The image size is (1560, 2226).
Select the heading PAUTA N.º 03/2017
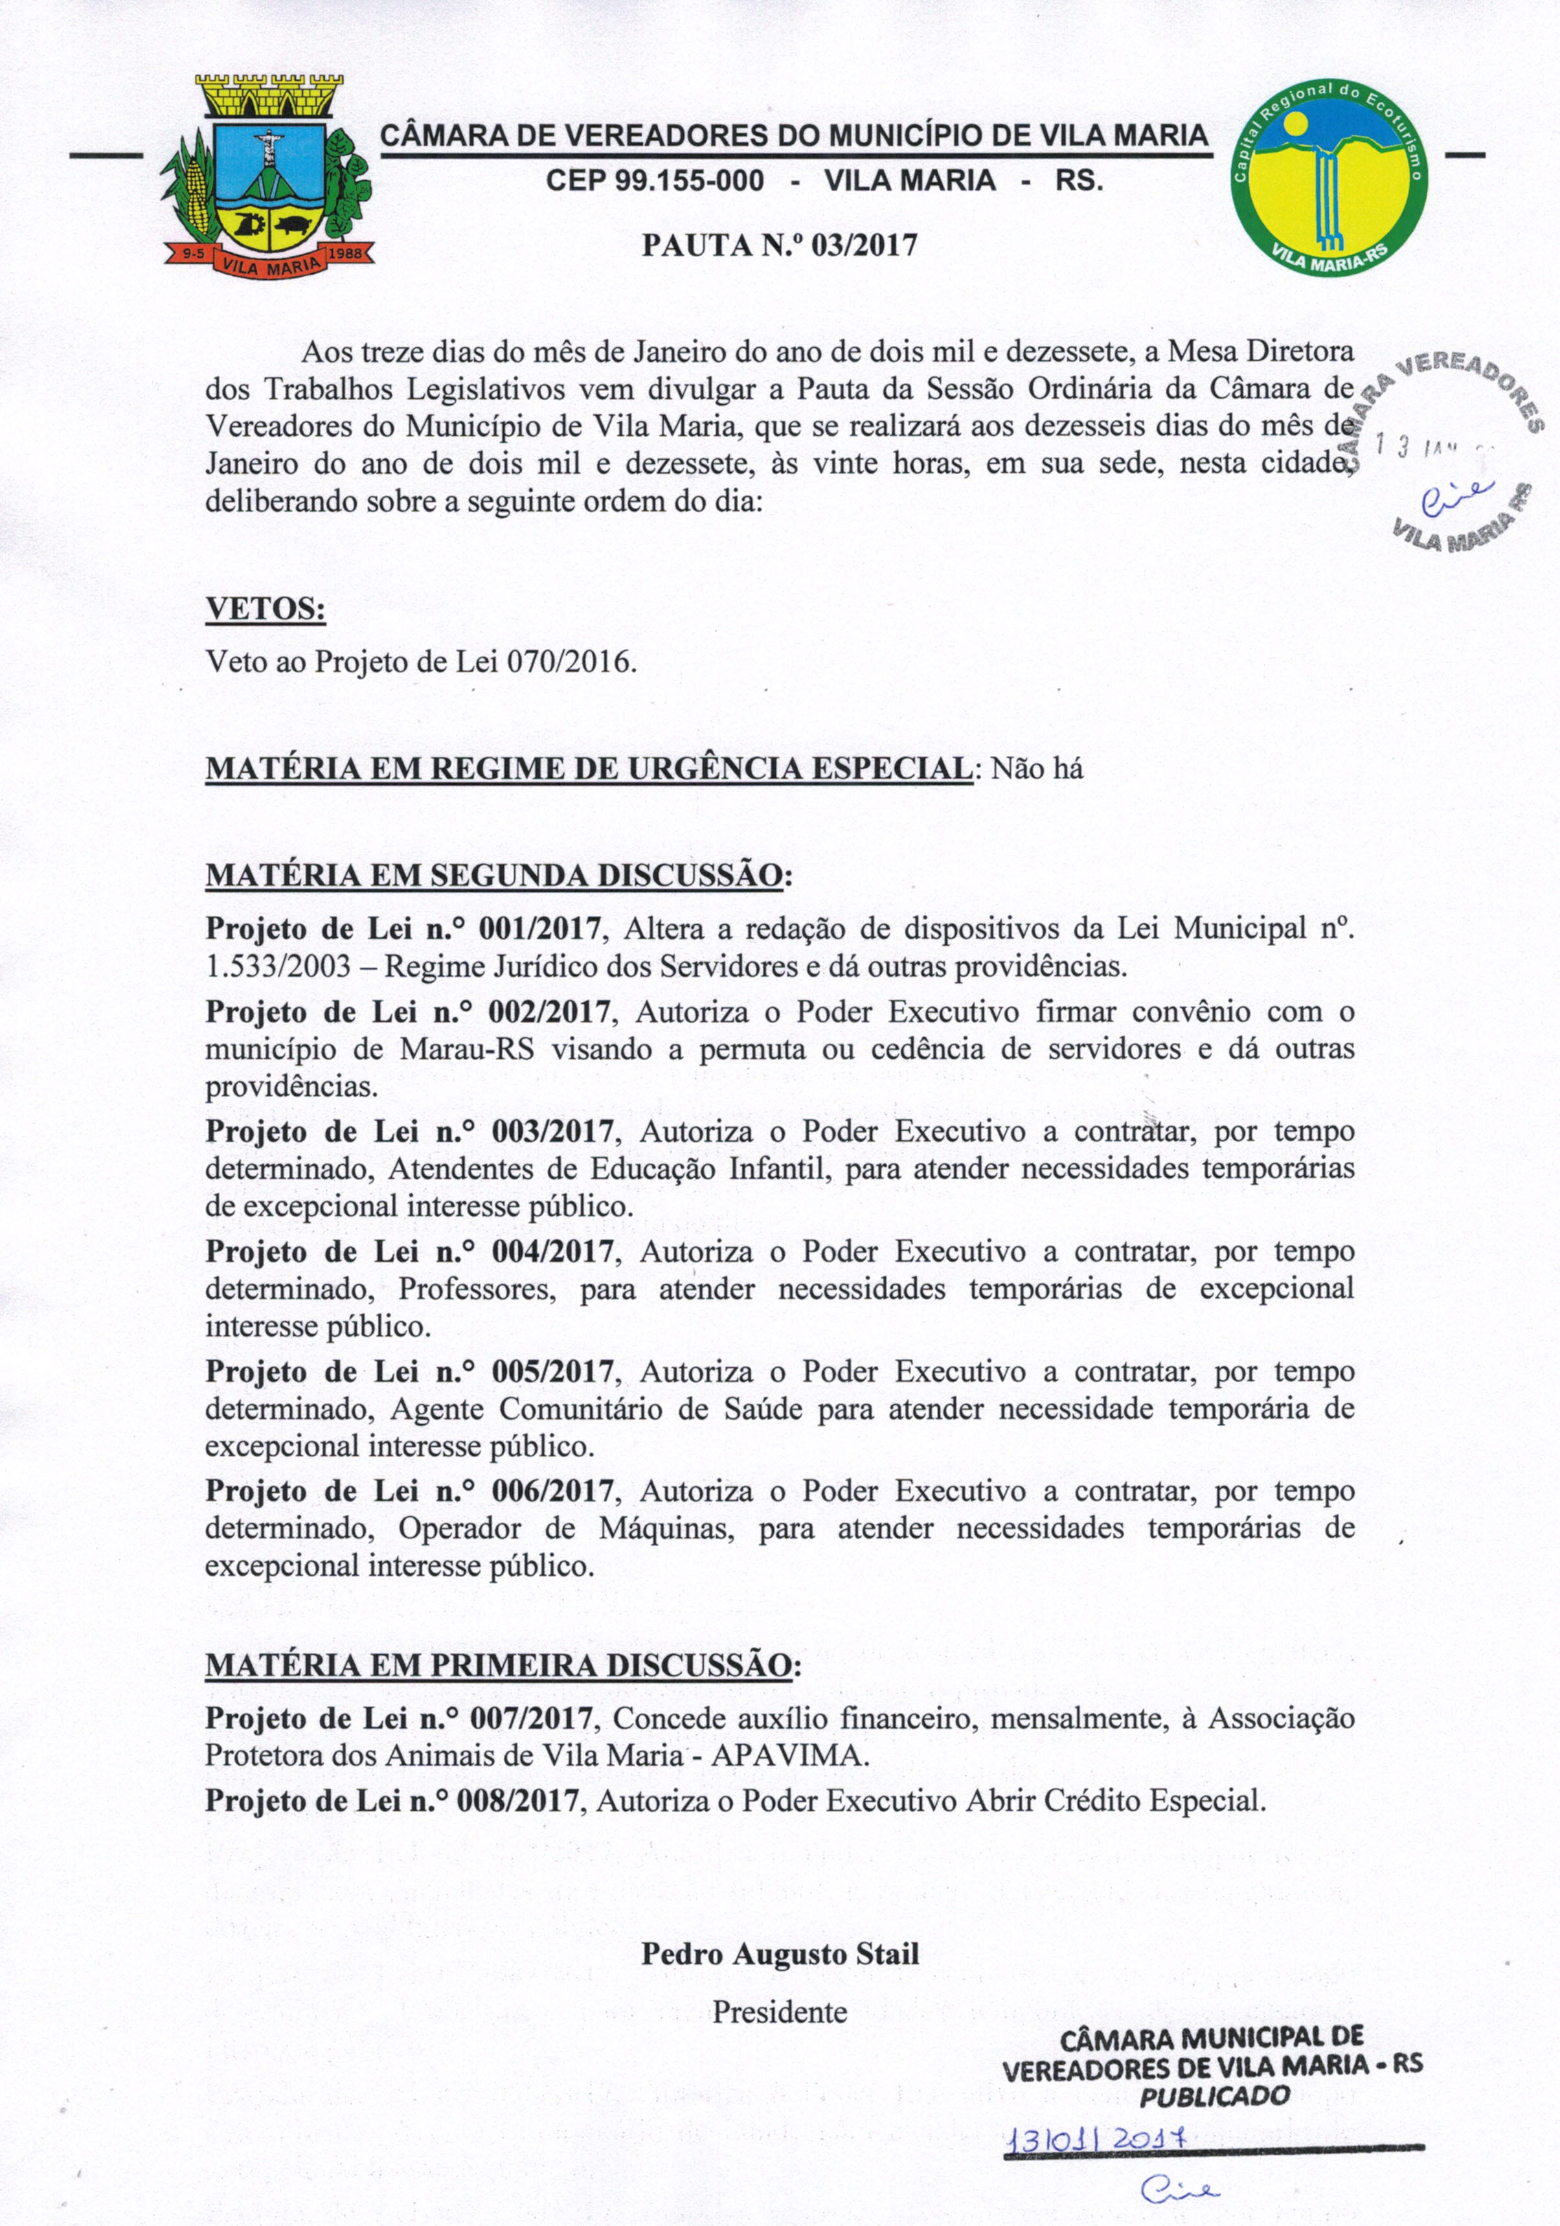click(x=780, y=244)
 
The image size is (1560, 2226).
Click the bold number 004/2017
click(x=552, y=1252)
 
